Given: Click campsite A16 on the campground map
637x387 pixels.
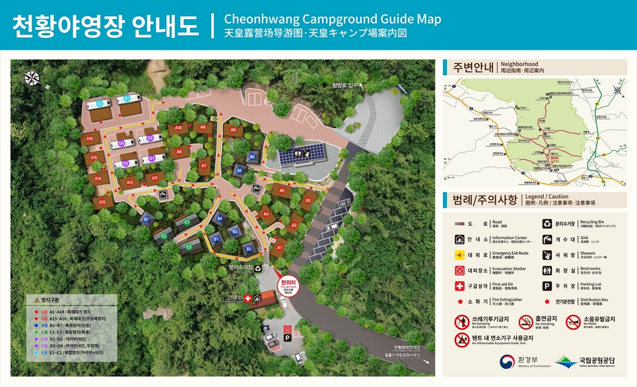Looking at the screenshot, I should [90, 139].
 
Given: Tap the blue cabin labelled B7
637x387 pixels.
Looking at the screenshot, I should [147, 220].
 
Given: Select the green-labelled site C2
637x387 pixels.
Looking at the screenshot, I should [164, 236].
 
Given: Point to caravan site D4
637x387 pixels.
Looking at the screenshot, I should [122, 144].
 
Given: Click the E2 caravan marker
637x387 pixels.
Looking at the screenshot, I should [100, 103].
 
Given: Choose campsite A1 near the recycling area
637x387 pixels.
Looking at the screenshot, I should [279, 247].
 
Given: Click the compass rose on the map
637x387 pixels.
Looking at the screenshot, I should [32, 78].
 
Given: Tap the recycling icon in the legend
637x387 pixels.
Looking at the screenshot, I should [547, 223].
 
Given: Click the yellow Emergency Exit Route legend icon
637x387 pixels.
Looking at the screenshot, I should [460, 254].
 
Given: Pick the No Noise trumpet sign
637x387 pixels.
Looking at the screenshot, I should [573, 322].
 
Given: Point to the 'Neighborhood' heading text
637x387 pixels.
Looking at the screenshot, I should [519, 64].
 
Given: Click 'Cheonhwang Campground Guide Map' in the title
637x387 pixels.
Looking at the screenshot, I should [332, 19].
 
